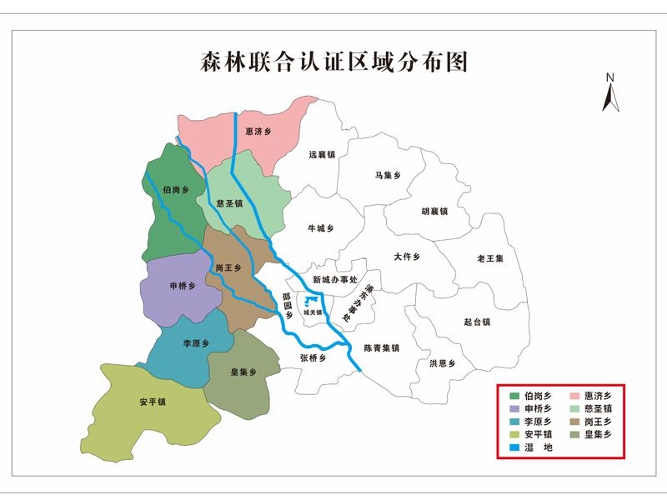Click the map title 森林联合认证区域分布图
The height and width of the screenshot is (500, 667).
(333, 62)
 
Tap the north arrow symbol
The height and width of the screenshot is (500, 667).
(609, 92)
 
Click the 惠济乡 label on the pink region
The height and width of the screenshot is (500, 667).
(258, 132)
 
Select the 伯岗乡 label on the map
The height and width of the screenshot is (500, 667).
(176, 190)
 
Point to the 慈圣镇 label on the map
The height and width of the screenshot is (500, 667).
(228, 202)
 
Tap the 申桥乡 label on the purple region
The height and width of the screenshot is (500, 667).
(183, 286)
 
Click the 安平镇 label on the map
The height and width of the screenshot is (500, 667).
(153, 402)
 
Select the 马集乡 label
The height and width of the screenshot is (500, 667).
(388, 175)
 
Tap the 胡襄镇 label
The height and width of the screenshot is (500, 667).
(434, 211)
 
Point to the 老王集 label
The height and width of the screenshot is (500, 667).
(490, 258)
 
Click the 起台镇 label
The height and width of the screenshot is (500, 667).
(477, 322)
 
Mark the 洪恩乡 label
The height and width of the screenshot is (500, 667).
(442, 363)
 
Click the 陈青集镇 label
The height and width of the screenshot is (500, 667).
(382, 348)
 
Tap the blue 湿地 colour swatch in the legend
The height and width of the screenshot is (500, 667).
(515, 447)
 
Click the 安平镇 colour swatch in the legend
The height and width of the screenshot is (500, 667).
(515, 434)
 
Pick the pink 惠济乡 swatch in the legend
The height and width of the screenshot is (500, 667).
(575, 394)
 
